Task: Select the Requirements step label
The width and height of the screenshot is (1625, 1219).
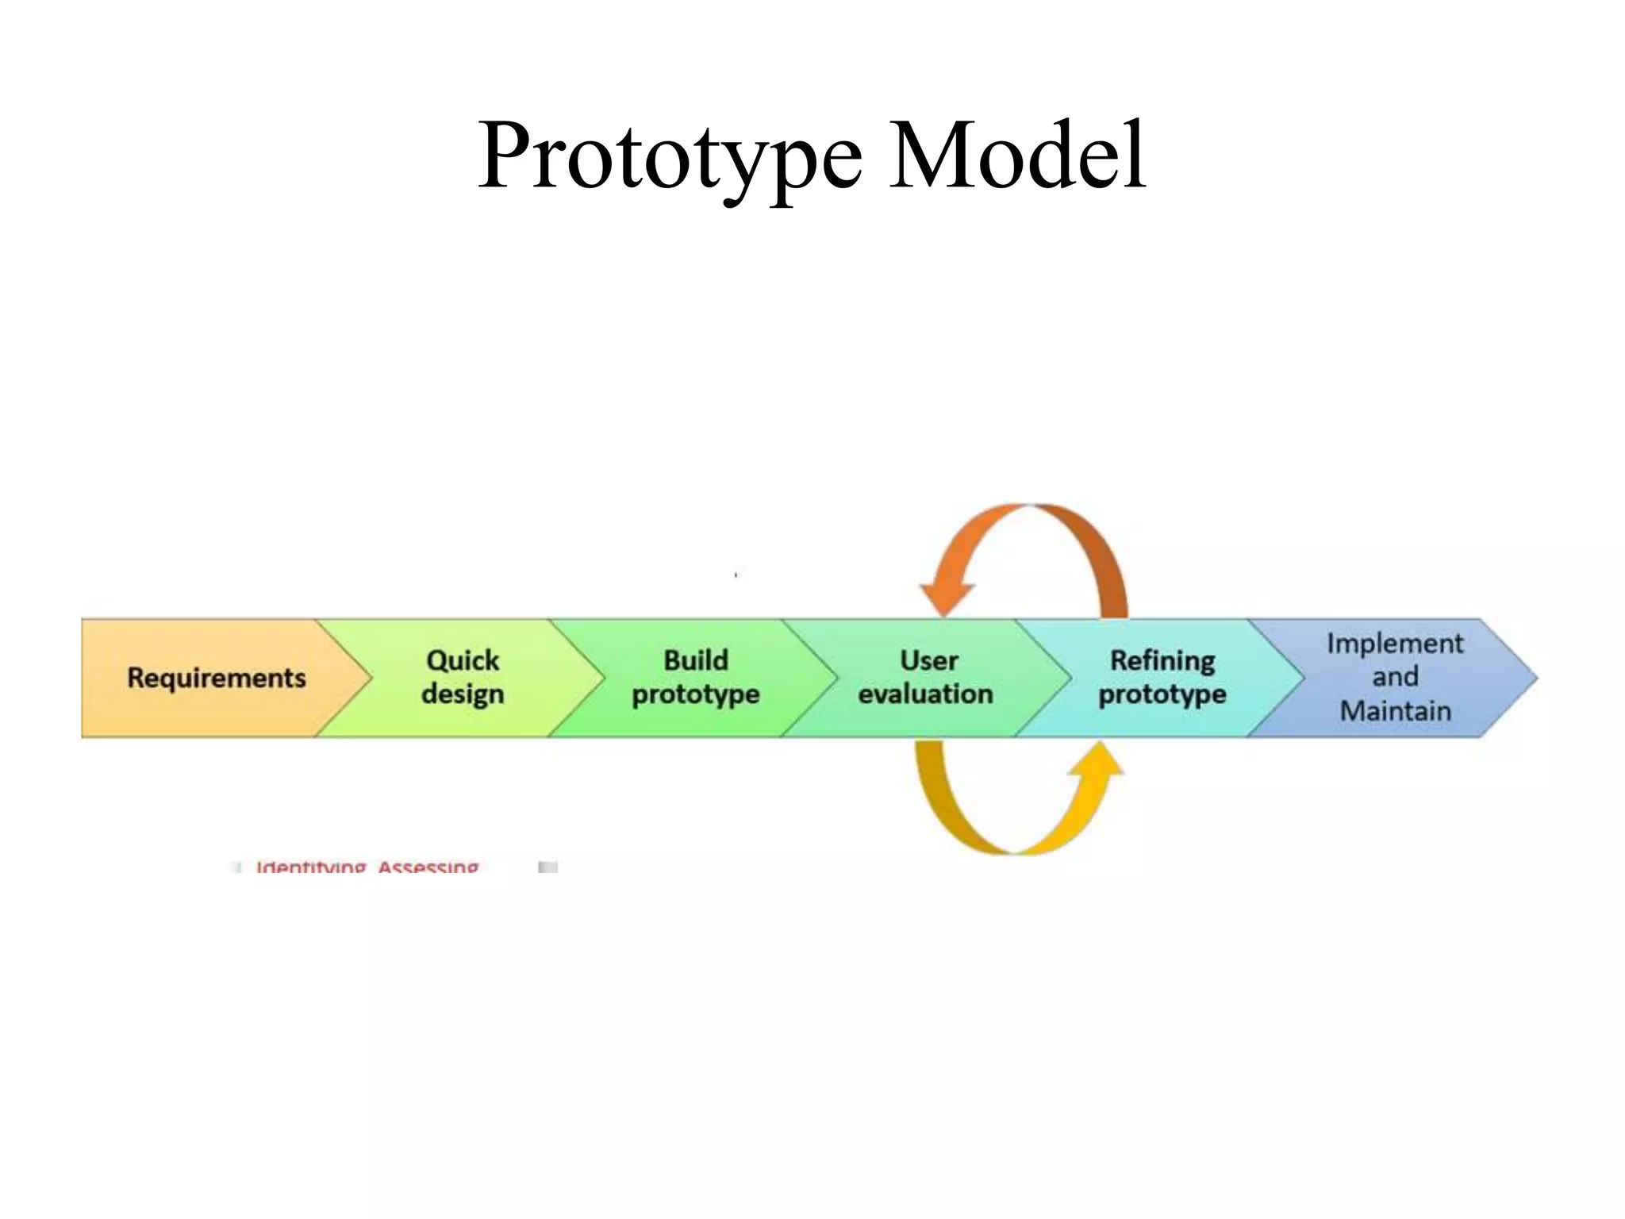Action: [216, 678]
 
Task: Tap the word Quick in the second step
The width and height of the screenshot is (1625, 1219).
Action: [463, 660]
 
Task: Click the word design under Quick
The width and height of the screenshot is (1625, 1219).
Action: [463, 694]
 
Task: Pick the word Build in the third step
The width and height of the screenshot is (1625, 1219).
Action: [695, 660]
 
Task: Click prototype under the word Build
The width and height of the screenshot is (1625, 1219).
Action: [695, 694]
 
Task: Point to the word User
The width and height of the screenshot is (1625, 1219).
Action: [928, 660]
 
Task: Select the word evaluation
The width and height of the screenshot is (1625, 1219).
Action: [925, 694]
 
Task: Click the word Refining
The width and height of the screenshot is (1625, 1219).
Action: [1162, 660]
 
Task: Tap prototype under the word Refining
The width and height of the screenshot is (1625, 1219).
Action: [1162, 694]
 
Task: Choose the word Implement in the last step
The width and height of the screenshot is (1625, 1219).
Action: [1395, 644]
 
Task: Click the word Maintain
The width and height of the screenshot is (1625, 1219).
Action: [1395, 710]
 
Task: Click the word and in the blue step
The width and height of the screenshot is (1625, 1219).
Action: [1395, 677]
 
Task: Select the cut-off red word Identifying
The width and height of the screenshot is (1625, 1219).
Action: [310, 867]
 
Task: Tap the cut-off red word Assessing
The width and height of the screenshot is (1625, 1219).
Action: [428, 867]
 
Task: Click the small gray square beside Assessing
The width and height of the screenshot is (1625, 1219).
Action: [547, 867]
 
